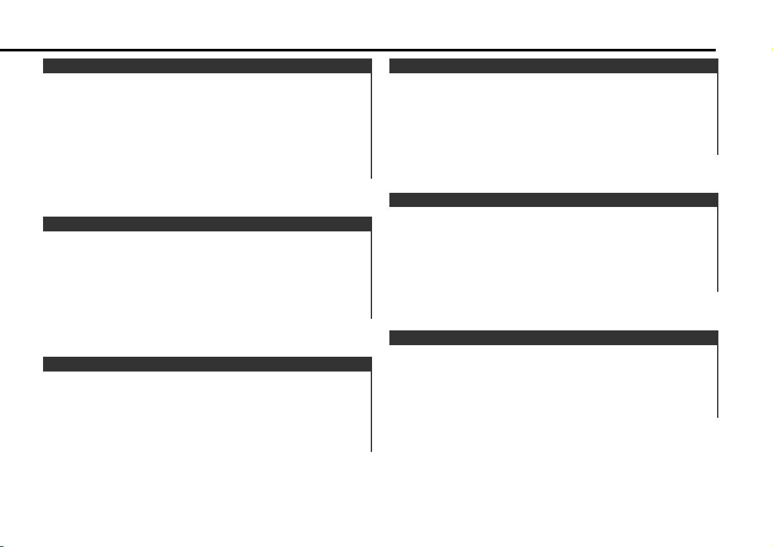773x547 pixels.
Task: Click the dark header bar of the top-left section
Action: (207, 66)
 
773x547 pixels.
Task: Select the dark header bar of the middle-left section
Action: (207, 224)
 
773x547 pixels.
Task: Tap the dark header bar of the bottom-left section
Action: (207, 364)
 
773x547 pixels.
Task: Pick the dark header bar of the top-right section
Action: (553, 66)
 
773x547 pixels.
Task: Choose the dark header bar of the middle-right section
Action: (553, 199)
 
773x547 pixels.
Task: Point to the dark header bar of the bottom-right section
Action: (553, 337)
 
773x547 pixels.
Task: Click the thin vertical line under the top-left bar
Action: (371, 125)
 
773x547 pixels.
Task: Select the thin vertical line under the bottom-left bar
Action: (371, 411)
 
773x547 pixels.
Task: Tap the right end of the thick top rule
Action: (714, 50)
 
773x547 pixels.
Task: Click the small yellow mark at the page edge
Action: (770, 49)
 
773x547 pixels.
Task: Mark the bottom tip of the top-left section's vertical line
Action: (371, 177)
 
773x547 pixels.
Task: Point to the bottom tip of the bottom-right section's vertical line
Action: (717, 417)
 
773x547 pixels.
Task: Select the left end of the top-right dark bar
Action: (392, 66)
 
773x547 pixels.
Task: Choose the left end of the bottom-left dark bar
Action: (45, 364)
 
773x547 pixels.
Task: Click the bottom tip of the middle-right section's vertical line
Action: (717, 291)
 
